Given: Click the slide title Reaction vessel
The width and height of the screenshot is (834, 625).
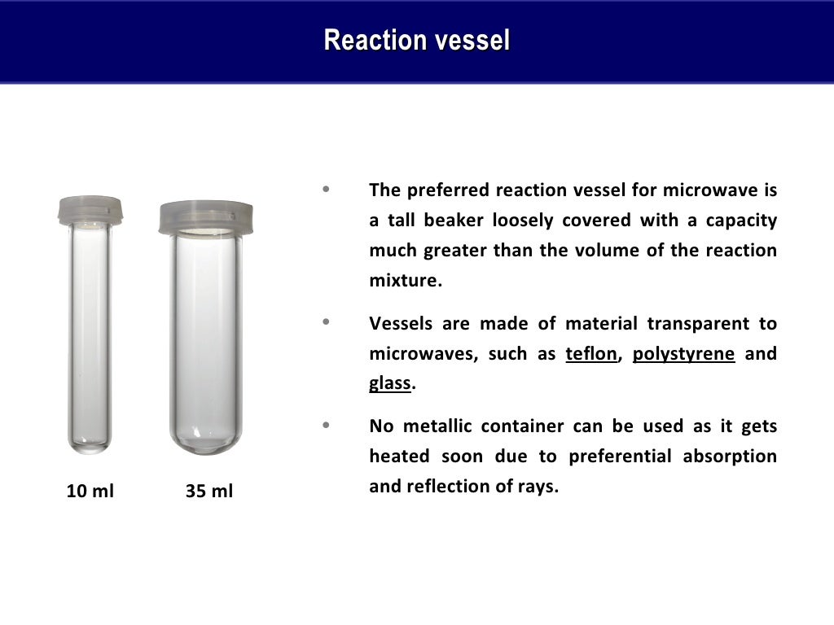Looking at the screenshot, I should coord(417,40).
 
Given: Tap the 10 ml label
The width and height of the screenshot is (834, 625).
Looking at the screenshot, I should coord(90,492).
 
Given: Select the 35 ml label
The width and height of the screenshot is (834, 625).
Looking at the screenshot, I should coord(209,492).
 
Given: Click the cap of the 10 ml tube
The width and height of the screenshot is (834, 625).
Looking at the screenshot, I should coord(90,210).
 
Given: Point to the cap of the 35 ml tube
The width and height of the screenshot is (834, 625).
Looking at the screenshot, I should coord(205,216).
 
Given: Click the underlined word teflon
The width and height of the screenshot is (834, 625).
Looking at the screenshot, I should coord(591,354).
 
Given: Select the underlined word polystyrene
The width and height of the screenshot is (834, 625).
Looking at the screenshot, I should coord(683,354).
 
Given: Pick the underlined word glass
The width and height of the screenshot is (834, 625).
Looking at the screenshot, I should coord(389,383).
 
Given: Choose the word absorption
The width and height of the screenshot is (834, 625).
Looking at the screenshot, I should coord(730,457).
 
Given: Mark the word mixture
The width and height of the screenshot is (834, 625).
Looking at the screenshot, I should coord(404,281).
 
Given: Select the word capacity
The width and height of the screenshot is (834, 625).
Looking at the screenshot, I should coord(741,221).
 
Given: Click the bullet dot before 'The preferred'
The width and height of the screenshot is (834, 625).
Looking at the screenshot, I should coord(327,190).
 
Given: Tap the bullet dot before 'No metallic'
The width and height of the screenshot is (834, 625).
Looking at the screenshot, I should coord(327,426).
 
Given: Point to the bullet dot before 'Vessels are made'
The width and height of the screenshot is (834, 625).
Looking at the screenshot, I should coord(327,323).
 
